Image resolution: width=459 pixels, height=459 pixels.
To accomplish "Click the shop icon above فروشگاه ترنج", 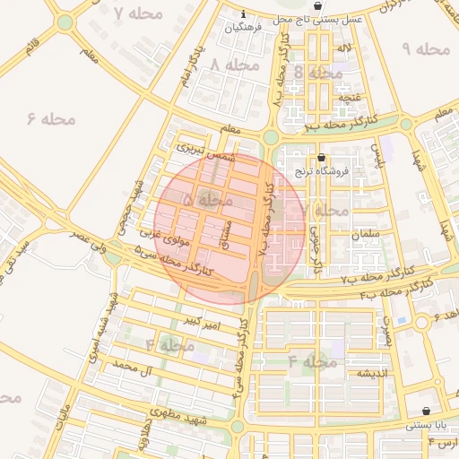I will click(x=321, y=157).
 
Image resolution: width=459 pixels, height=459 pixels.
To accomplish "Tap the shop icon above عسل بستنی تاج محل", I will click(x=317, y=6).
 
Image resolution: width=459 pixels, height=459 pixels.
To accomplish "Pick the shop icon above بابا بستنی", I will click(x=425, y=411).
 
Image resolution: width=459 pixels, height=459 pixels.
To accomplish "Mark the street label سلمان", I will click(x=367, y=233).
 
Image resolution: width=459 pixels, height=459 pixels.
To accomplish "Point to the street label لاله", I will click(x=343, y=48).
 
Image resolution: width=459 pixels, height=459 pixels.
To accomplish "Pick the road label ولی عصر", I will click(x=91, y=238).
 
